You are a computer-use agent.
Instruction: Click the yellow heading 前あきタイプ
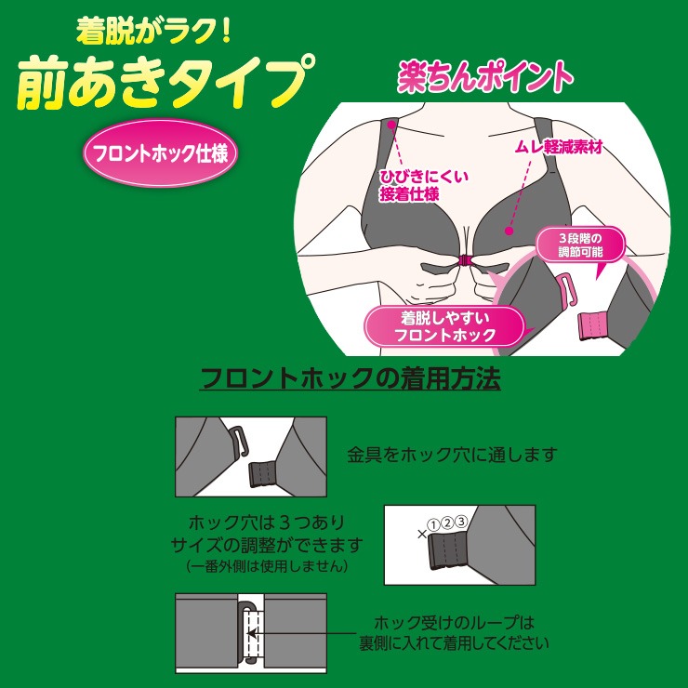click(x=165, y=82)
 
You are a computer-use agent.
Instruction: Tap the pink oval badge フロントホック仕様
click(x=161, y=153)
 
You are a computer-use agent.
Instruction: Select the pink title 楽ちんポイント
click(x=485, y=77)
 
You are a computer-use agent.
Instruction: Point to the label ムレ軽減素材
click(x=559, y=147)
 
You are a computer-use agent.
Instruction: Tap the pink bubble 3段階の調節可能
click(x=580, y=245)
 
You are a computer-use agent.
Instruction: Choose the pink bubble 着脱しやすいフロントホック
click(x=444, y=326)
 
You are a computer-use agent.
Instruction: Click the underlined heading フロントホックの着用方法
click(x=351, y=378)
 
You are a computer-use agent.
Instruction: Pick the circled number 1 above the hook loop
click(x=433, y=524)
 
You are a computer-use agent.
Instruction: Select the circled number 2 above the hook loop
click(x=447, y=523)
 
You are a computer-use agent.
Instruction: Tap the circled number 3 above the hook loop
click(x=461, y=522)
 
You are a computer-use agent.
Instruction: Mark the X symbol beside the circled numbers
click(x=422, y=534)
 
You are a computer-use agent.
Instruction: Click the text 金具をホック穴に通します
click(x=453, y=455)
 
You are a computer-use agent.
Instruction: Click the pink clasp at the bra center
click(x=465, y=260)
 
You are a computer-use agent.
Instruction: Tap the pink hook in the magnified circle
click(x=569, y=289)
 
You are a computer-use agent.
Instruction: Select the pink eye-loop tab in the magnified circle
click(x=591, y=325)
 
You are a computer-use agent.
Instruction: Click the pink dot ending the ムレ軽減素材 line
click(x=509, y=231)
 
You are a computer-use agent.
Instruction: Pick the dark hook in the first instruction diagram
click(x=239, y=442)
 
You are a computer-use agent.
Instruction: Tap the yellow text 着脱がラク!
click(x=153, y=31)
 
